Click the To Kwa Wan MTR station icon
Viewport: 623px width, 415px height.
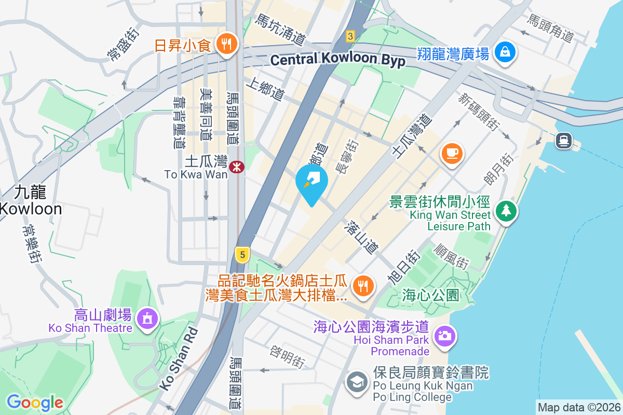[237, 167]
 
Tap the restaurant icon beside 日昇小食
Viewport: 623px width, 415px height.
[226, 44]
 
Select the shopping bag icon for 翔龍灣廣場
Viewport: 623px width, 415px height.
[504, 52]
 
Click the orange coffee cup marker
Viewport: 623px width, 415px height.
[452, 153]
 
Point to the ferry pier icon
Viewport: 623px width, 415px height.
[563, 140]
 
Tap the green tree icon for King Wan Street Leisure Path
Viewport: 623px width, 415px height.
[504, 211]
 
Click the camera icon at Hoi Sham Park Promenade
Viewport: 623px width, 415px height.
[444, 336]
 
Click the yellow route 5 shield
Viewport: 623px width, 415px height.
[242, 254]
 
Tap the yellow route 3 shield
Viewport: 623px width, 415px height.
[351, 36]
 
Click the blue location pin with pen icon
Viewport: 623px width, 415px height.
[311, 181]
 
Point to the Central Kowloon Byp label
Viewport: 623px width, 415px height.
[337, 60]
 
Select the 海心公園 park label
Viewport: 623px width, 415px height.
[431, 296]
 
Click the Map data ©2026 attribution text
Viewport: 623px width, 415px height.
[578, 408]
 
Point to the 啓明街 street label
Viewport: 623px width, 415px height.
[287, 356]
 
